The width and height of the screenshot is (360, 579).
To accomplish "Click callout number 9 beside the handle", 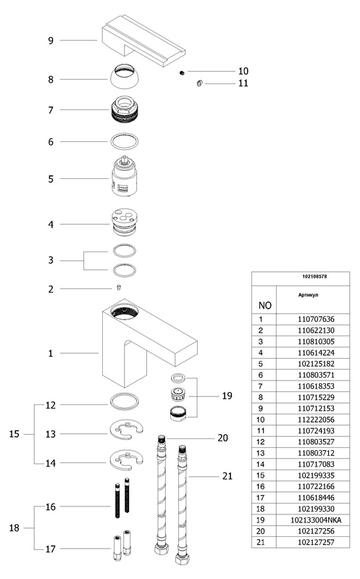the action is tap(51, 41).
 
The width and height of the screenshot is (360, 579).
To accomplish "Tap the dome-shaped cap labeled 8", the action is tap(125, 76).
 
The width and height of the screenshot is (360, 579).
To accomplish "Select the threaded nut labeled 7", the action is tap(125, 109).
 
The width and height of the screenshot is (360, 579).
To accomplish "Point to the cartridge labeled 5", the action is tap(125, 176).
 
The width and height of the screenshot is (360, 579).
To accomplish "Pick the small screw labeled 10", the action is tap(182, 72).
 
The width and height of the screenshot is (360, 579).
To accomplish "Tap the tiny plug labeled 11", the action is tap(199, 84).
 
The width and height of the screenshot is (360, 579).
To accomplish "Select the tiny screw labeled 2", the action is tap(119, 287).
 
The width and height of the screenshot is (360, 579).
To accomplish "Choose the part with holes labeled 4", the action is tap(125, 222).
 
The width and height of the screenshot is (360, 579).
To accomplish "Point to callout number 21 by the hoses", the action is tap(227, 476).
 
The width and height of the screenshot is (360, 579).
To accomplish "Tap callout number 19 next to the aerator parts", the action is tap(227, 396).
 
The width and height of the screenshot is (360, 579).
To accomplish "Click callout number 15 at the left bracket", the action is tap(14, 434).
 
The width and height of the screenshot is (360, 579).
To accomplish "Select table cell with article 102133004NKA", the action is tap(316, 520).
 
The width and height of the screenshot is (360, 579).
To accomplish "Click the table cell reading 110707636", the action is tap(316, 319).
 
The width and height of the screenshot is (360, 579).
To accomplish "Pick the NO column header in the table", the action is tap(264, 305).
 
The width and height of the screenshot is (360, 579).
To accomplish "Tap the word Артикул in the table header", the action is tap(309, 295).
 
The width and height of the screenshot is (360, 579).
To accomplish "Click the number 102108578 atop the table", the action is tap(314, 276).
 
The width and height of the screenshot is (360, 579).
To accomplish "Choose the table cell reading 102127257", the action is tap(316, 542).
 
